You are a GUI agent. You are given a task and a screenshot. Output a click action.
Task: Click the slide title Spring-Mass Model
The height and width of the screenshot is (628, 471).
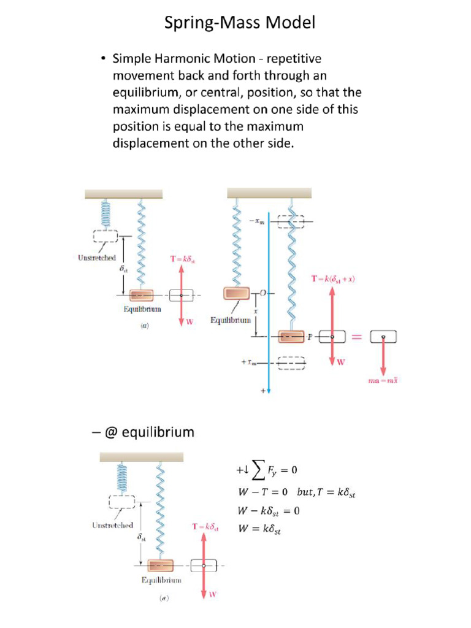coord(240,24)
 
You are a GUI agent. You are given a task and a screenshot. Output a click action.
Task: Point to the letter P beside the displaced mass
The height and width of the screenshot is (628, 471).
coord(310,337)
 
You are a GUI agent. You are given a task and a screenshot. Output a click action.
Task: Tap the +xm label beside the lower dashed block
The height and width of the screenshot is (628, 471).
coord(250,362)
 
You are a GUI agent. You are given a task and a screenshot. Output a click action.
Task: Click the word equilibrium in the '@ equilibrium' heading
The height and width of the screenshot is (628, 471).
coord(158,432)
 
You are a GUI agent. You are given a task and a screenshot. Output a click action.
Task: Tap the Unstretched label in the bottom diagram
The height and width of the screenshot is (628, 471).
coord(112,525)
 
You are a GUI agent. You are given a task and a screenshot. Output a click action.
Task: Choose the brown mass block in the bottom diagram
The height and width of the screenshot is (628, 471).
coord(160,565)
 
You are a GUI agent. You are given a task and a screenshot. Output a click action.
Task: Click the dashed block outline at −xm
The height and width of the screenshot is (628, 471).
coord(291,221)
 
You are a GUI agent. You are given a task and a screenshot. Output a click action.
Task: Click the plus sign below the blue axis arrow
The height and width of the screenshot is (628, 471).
coord(264,390)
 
